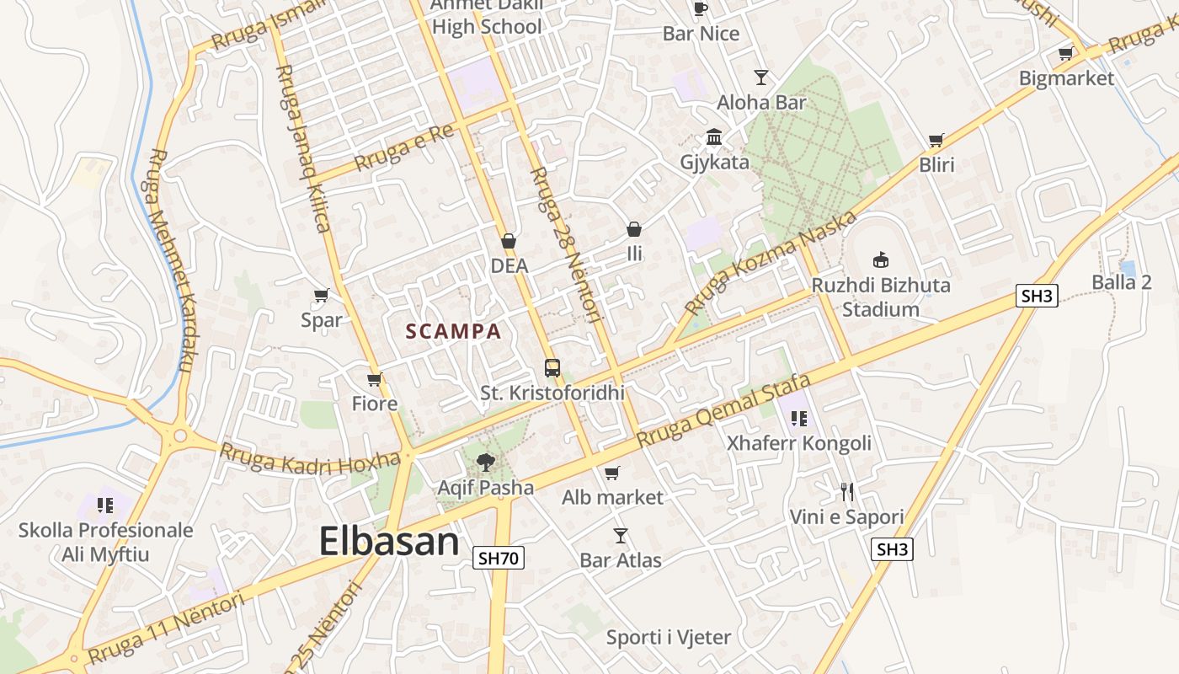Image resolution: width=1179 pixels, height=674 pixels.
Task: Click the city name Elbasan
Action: point(389,542)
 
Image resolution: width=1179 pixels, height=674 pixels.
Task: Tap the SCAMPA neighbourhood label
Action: point(453,332)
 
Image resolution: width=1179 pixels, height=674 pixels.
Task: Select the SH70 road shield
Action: point(499,558)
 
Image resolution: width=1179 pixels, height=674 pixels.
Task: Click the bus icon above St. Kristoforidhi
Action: point(552,368)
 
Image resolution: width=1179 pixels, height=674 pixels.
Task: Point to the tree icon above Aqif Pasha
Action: point(485,462)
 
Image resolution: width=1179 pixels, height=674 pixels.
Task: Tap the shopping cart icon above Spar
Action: point(321,296)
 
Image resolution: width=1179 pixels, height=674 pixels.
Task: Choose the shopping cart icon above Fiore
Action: point(375,380)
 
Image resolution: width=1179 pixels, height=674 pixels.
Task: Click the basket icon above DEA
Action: point(509,242)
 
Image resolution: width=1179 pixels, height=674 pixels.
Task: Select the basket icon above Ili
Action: point(634,229)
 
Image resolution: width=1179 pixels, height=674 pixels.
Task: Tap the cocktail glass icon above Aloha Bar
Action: point(761,78)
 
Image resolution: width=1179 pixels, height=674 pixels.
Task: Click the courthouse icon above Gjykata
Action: point(714,136)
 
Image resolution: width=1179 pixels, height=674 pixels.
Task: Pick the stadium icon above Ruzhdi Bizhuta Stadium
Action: point(881,259)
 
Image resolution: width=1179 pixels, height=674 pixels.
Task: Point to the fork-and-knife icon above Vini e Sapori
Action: point(847,492)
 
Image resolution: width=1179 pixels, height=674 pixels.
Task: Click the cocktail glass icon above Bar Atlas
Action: point(621,536)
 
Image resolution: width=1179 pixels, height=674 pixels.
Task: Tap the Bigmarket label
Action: point(1066,78)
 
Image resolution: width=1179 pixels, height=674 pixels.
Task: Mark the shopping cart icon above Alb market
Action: point(612,473)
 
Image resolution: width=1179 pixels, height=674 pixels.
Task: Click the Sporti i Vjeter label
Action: point(669,638)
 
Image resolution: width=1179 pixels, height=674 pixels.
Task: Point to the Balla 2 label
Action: point(1122,282)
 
